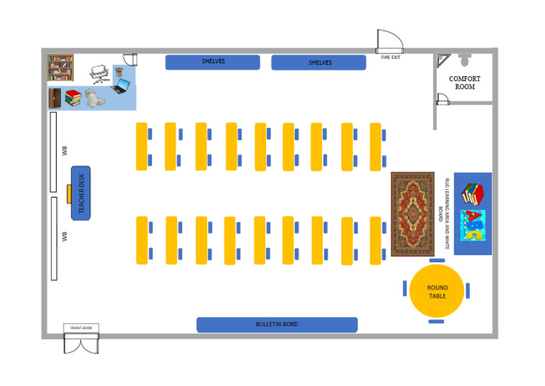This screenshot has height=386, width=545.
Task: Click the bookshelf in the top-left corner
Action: [60, 68]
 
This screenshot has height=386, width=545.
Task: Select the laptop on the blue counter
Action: [121, 87]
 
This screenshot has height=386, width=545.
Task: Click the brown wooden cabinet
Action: [55, 98]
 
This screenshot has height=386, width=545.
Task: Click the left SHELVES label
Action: [213, 62]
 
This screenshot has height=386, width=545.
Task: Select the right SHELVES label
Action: [319, 63]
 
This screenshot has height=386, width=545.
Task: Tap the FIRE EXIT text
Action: [391, 57]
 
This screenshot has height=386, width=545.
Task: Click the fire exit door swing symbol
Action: [390, 41]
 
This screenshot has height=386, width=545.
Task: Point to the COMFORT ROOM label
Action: [465, 82]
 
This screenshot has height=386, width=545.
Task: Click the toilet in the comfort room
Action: [465, 60]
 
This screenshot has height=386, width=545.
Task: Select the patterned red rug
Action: [412, 213]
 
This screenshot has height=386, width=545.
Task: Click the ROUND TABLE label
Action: [437, 291]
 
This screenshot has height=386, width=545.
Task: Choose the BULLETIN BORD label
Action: [277, 325]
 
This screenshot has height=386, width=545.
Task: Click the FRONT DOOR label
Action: [82, 328]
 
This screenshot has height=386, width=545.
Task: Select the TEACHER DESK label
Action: [81, 193]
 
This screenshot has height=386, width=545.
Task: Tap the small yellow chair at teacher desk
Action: [68, 193]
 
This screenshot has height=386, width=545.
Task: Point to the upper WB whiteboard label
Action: [65, 151]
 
